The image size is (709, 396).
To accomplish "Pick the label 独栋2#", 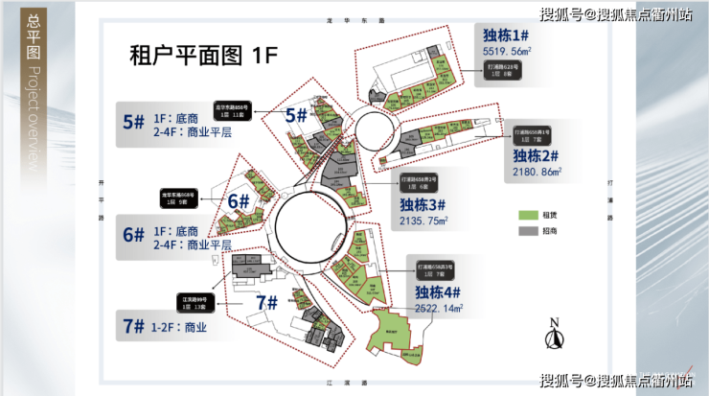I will tap(535, 156).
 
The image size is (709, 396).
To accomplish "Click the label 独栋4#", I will tap(438, 292).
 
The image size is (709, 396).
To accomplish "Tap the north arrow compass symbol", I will tap(553, 336).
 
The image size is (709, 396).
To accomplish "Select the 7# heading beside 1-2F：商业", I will tap(133, 326).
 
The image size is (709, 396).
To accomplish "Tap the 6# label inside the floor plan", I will tap(238, 202).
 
